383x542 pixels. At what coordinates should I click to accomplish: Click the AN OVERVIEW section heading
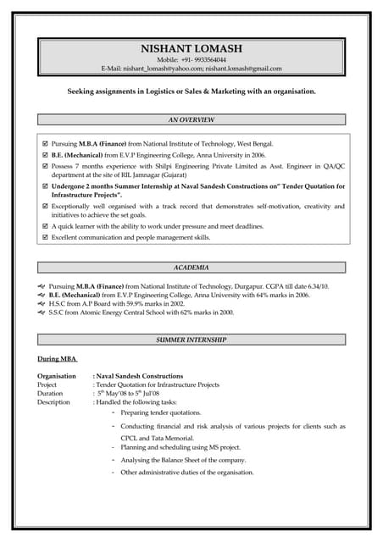(x=191, y=120)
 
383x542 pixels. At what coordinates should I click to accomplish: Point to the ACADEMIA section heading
(x=191, y=268)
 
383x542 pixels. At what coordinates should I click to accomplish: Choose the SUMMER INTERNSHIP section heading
(x=191, y=340)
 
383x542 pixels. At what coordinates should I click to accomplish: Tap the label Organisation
(x=57, y=375)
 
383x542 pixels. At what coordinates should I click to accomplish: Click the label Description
(x=53, y=402)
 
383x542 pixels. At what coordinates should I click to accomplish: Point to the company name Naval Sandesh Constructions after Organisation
(x=140, y=375)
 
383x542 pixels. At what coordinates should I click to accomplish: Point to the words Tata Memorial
(x=170, y=438)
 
